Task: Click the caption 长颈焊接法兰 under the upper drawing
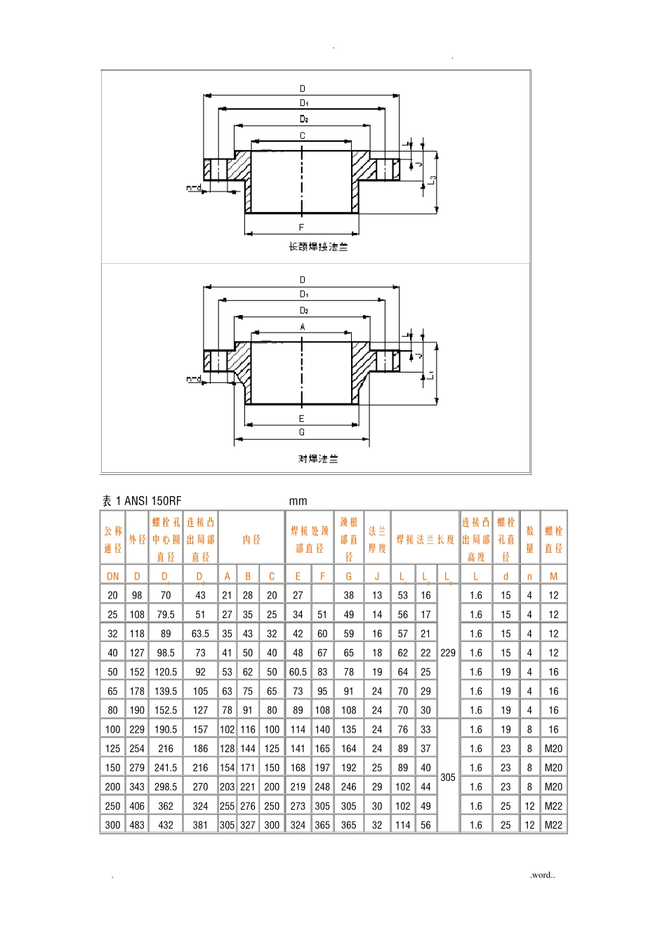tap(318, 247)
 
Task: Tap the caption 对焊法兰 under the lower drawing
tap(318, 459)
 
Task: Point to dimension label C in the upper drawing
tap(303, 135)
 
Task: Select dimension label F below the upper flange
tap(302, 227)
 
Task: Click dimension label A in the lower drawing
tap(303, 327)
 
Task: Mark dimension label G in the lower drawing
tap(302, 432)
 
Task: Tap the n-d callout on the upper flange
tap(194, 188)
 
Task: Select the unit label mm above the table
tap(298, 501)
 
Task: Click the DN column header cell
tap(112, 576)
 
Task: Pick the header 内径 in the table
tap(251, 540)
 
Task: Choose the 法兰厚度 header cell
tap(377, 540)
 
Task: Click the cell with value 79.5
tap(166, 615)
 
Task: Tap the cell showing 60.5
tap(298, 672)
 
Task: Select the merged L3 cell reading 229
tap(448, 653)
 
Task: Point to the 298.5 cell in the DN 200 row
tap(166, 787)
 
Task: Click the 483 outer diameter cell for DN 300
tap(137, 825)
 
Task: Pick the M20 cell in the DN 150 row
tap(553, 768)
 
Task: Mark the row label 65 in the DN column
tap(112, 691)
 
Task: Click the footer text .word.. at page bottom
tap(542, 875)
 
